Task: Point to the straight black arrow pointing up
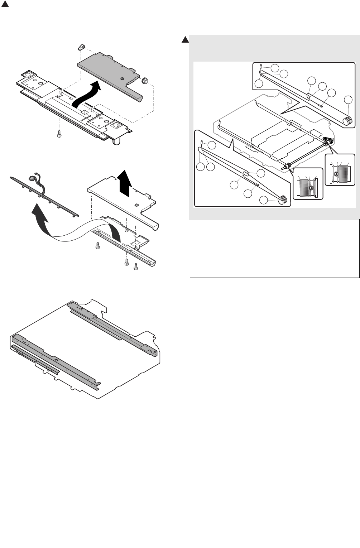click(124, 183)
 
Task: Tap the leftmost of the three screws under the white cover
click(97, 245)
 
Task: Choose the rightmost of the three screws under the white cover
click(135, 266)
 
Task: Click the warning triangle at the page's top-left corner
click(4, 6)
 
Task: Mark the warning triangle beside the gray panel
click(184, 40)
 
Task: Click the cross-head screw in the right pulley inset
click(336, 174)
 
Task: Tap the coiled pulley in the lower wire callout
click(283, 199)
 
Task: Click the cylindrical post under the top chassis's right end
click(116, 141)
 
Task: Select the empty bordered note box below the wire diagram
click(274, 248)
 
